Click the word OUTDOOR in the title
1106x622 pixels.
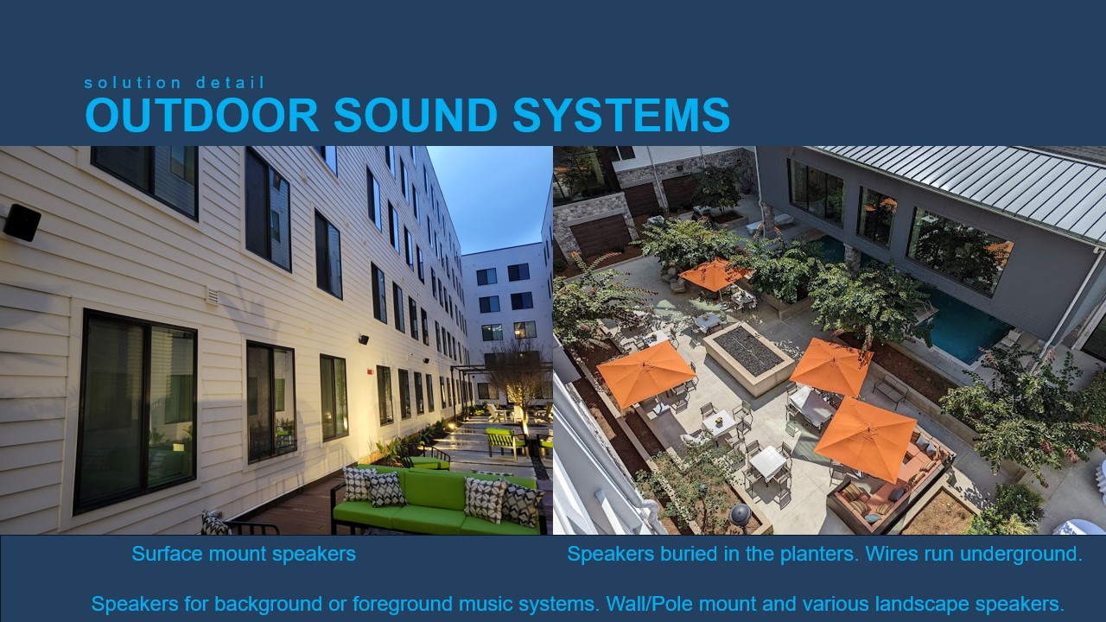click(x=202, y=115)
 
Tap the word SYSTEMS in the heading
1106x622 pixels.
click(x=621, y=115)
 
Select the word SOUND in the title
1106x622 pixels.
click(x=416, y=115)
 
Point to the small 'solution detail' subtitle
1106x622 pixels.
click(x=175, y=82)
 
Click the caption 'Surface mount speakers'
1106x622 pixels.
click(x=244, y=554)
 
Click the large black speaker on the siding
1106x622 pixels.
click(x=22, y=223)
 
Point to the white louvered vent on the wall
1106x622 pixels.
click(x=212, y=295)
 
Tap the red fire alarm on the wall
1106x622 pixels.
click(x=369, y=371)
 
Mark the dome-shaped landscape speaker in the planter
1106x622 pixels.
click(x=741, y=515)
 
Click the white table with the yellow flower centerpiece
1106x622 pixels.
click(x=718, y=423)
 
